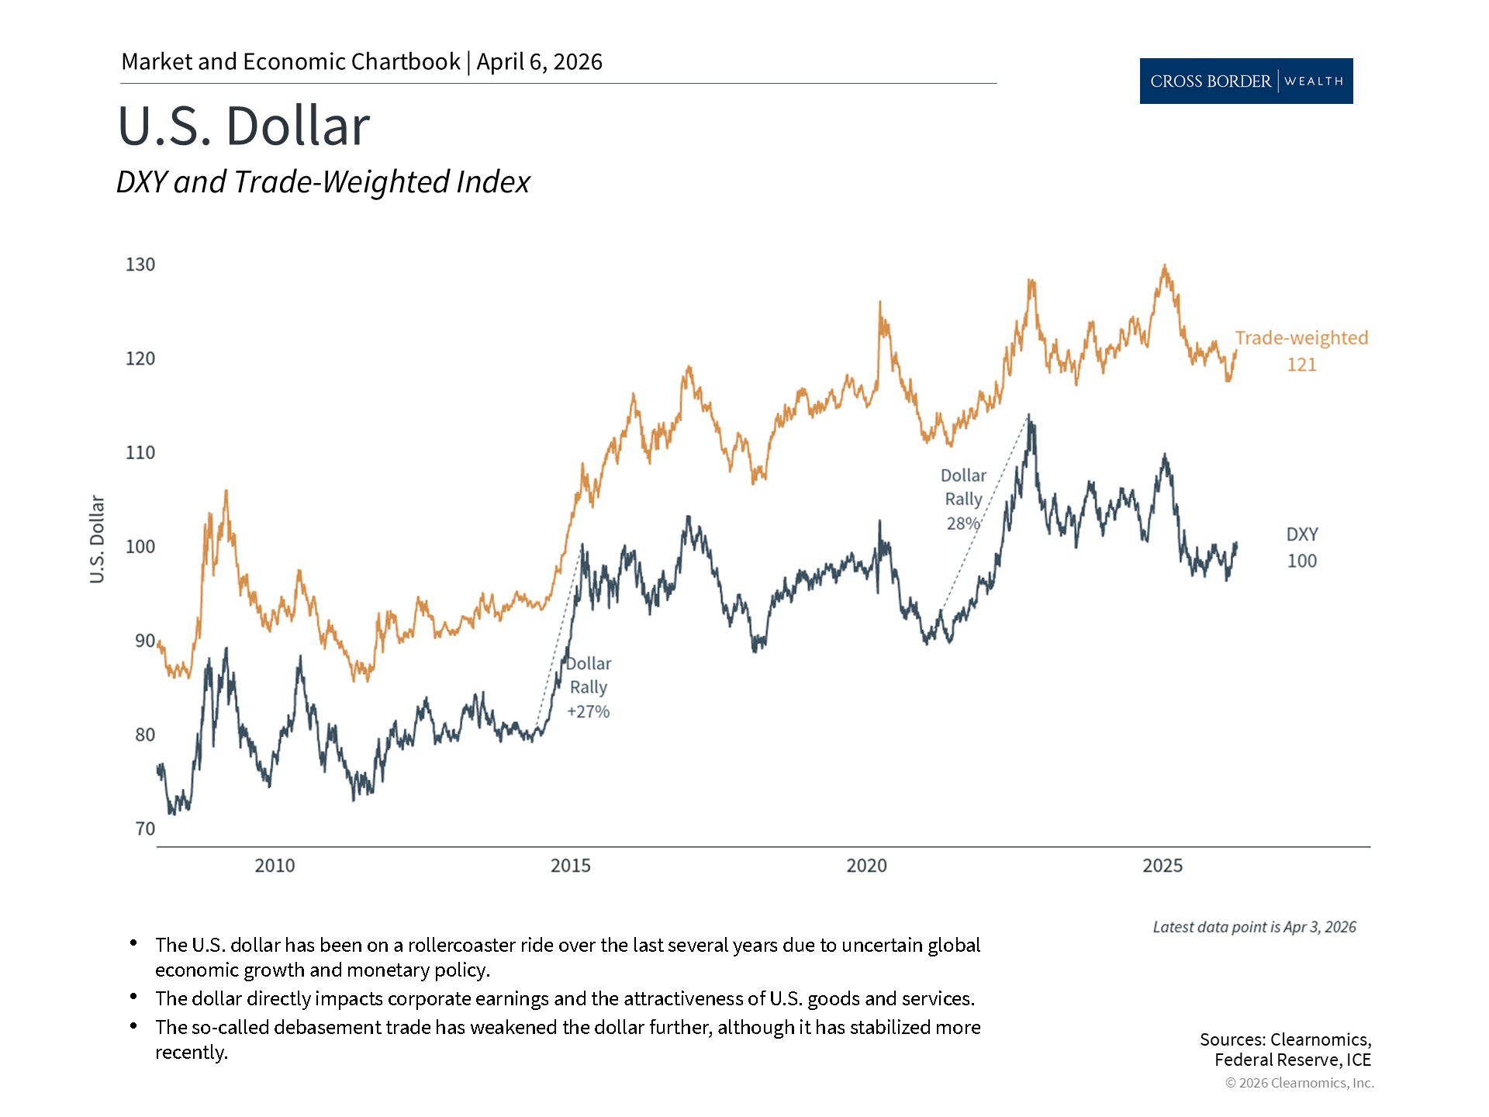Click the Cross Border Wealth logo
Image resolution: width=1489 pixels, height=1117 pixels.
(1245, 81)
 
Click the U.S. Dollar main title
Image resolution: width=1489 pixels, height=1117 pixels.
(244, 126)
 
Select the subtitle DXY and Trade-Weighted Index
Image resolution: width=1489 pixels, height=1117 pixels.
(323, 182)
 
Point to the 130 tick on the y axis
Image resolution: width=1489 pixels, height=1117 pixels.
(140, 265)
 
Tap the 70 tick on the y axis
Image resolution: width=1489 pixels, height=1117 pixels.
(145, 828)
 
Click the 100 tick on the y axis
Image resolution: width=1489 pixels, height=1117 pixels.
(140, 547)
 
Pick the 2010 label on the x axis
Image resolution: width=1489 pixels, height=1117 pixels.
(275, 866)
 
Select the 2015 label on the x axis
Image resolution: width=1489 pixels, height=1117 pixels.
(571, 866)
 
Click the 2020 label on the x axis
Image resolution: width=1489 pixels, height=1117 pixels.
(866, 866)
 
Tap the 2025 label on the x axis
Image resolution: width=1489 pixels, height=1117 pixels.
(1163, 866)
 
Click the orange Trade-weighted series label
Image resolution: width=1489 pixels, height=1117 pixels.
(1301, 338)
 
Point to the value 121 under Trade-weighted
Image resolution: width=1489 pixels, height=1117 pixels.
(1301, 365)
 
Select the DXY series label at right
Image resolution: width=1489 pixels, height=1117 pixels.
(1302, 534)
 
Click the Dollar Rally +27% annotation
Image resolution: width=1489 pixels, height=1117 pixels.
(589, 687)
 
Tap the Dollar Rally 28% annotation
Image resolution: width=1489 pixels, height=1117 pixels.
(963, 500)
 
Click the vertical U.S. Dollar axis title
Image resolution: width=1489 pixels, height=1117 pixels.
(97, 539)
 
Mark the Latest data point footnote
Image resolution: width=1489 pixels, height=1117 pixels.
(1254, 927)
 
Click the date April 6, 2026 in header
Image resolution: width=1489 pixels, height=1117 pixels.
(539, 62)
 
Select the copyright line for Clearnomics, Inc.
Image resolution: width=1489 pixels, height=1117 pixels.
(1299, 1083)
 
